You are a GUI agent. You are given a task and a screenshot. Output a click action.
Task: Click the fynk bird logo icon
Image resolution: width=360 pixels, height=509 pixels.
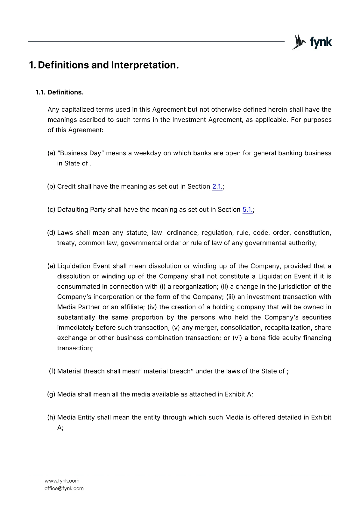pos(299,42)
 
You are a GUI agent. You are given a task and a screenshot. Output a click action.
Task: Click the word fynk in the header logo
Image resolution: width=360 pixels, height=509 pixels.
pos(321,42)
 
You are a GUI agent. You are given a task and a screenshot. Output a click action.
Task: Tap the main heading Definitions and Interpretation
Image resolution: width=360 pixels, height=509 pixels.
pos(104,65)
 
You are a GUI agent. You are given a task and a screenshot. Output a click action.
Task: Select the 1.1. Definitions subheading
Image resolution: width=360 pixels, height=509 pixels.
pos(60,92)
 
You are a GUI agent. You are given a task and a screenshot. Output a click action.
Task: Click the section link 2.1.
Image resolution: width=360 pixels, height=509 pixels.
pos(217,186)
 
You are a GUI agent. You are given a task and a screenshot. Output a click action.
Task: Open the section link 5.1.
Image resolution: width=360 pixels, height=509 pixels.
pos(247,210)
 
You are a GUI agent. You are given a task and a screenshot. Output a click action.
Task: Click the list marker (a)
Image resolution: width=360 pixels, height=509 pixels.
pos(51,153)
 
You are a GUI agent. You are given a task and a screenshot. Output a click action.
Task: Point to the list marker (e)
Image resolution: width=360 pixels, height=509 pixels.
pos(51,266)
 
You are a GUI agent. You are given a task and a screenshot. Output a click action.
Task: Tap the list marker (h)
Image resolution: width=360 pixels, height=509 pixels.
pos(51,417)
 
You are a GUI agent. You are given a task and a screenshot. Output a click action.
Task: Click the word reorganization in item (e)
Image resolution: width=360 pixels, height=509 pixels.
pos(195,287)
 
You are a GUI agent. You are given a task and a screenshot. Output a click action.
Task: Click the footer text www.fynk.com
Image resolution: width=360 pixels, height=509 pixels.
pos(62,481)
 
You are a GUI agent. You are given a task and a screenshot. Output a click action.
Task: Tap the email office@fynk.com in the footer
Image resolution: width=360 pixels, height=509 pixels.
pos(64,488)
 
